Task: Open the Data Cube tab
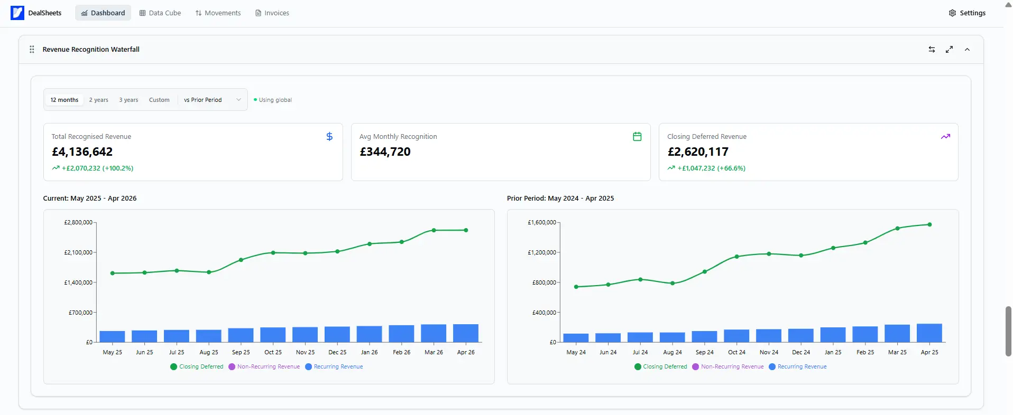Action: pos(160,13)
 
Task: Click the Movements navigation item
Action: pos(218,13)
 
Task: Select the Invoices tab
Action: pos(272,13)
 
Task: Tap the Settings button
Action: pos(967,13)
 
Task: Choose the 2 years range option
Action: pos(98,100)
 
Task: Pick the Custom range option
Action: pos(159,100)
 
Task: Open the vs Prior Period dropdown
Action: pos(212,100)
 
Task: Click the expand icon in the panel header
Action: pos(950,50)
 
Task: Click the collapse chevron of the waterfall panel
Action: pos(967,50)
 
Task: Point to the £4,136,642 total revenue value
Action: pos(82,152)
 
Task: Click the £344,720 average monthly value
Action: pos(385,152)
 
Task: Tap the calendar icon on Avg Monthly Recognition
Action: pos(637,137)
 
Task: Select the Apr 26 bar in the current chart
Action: pos(466,333)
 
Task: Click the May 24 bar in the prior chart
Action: pos(576,338)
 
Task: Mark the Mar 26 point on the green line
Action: pos(434,230)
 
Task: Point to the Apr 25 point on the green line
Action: pos(929,224)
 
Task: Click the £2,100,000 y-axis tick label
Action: pos(78,252)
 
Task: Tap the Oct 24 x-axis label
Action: pos(736,352)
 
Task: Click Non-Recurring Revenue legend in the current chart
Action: pos(264,366)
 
